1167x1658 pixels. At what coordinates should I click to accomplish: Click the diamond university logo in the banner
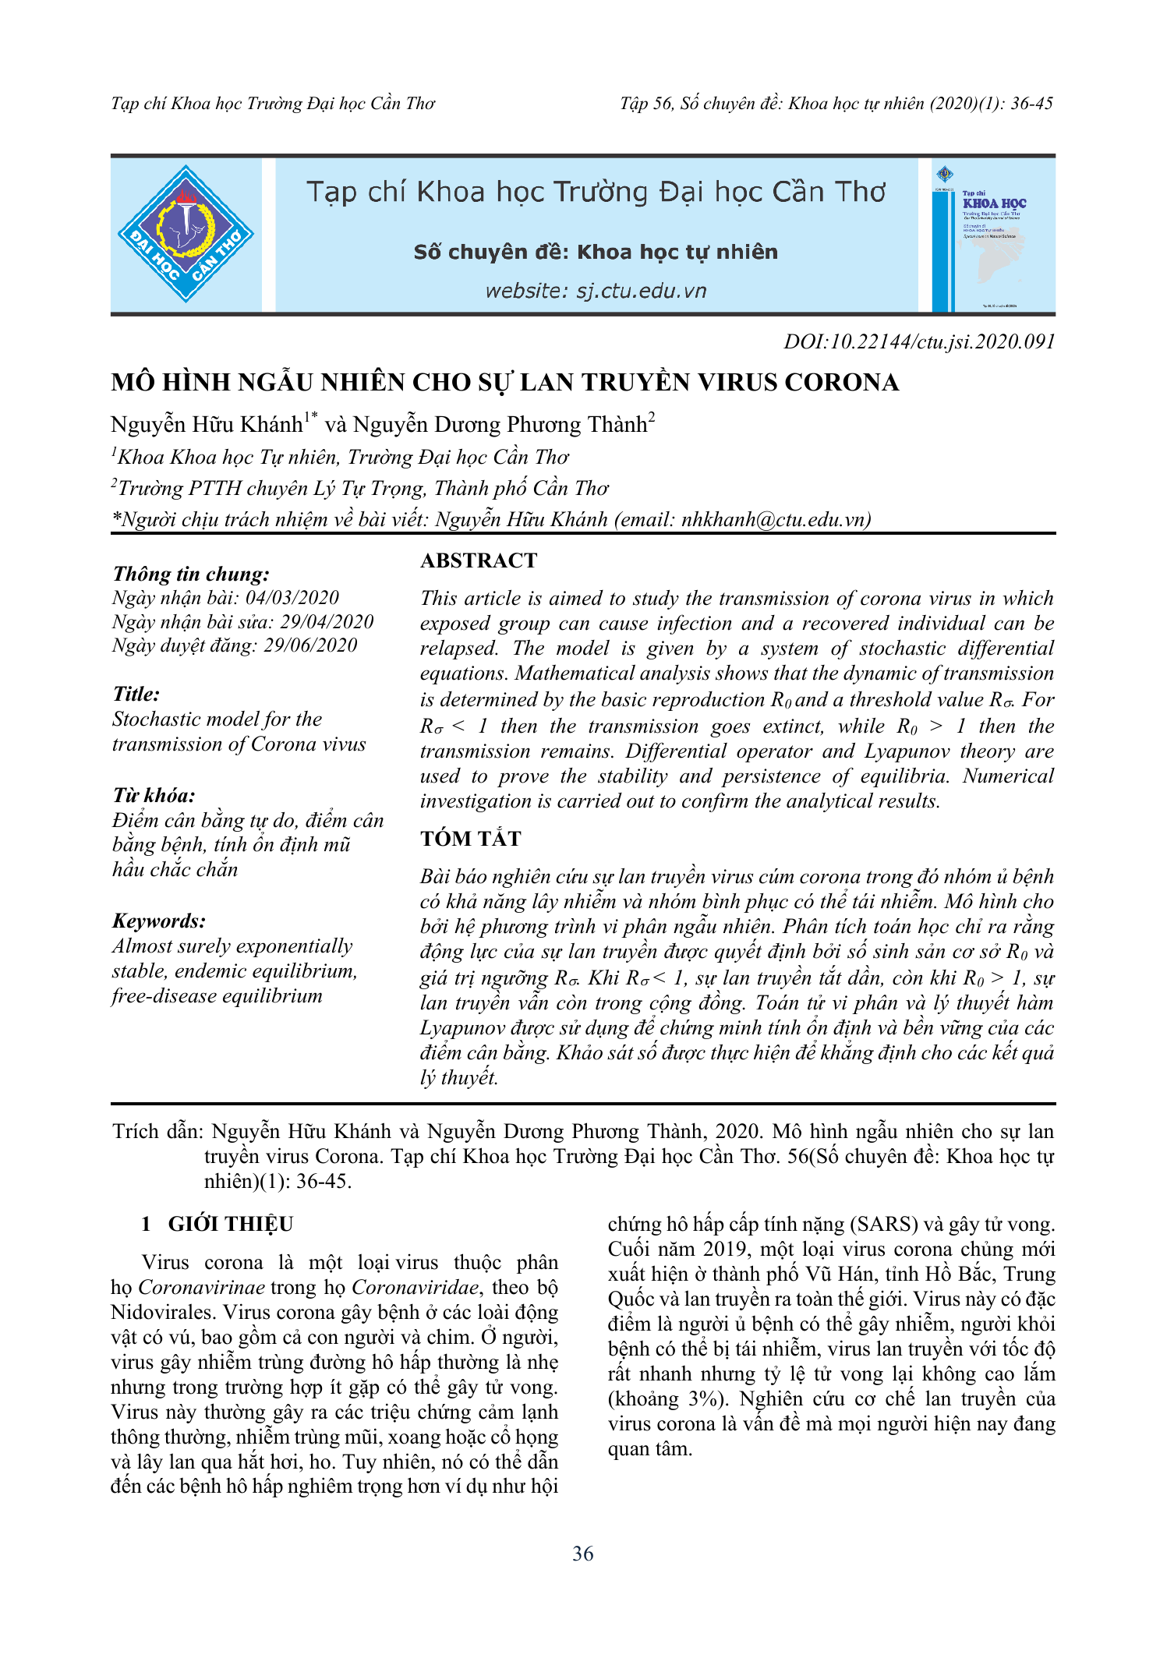click(186, 234)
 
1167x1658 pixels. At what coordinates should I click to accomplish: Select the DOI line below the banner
click(919, 341)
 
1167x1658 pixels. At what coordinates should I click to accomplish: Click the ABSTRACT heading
click(479, 560)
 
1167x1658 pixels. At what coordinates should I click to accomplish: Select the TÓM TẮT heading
click(470, 839)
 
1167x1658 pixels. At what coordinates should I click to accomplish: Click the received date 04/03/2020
click(292, 598)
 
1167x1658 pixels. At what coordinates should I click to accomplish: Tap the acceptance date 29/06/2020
click(310, 645)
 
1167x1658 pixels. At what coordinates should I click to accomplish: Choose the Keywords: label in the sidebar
click(159, 921)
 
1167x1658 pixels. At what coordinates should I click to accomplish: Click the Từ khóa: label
click(154, 795)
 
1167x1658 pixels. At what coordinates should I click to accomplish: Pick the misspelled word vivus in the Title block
click(344, 744)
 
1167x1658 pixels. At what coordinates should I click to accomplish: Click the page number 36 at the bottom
click(582, 1554)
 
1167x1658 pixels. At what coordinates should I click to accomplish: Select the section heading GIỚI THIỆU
click(230, 1224)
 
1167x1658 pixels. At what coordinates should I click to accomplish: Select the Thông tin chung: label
click(191, 574)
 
